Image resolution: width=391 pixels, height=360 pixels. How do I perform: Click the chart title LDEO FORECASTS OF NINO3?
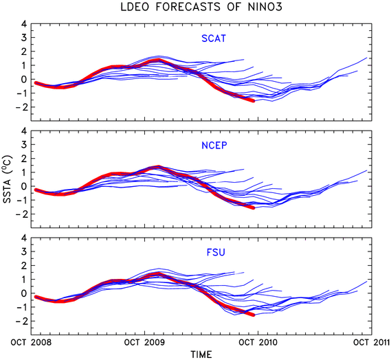tap(201, 7)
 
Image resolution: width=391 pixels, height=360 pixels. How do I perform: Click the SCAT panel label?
tap(214, 38)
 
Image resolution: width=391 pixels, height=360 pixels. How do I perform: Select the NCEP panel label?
tap(214, 146)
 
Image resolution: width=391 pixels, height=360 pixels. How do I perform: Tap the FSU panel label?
tap(216, 253)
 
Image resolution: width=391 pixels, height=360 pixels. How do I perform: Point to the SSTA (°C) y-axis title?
tap(8, 179)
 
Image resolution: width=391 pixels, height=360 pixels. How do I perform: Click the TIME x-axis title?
tap(201, 355)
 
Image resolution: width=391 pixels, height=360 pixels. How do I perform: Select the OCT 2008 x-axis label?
tap(31, 342)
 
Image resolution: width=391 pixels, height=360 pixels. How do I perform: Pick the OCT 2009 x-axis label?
tap(144, 342)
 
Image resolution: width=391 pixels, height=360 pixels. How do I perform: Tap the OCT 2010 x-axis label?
tap(258, 342)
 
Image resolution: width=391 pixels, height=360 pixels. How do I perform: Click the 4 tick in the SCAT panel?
tap(24, 24)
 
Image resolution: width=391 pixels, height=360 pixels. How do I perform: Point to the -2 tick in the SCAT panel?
tap(21, 107)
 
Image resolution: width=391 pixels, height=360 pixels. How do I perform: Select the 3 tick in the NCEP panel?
tap(24, 144)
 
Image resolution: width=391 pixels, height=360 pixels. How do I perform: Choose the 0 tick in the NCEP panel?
tap(24, 186)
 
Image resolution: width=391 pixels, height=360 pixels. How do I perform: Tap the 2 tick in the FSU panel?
tap(24, 266)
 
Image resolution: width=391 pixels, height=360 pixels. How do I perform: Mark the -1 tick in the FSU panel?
tap(21, 307)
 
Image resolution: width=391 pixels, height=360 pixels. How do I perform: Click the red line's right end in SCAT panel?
tap(254, 101)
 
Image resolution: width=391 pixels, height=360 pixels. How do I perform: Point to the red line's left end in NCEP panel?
tap(36, 190)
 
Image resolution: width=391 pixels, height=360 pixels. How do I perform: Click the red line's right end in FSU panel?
tap(254, 315)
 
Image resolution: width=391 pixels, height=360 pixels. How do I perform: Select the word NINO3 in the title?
tap(265, 7)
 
